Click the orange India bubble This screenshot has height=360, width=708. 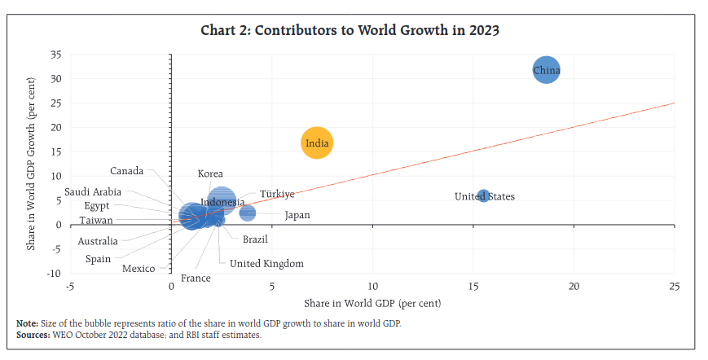coord(316,144)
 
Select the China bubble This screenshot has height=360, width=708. coord(547,71)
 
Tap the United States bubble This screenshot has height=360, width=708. coord(483,196)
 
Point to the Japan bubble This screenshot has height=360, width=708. coord(248,213)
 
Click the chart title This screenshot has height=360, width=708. coord(350,31)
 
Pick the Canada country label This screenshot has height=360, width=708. coord(127,171)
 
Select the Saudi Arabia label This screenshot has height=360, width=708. coord(94,192)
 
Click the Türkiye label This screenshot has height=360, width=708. coord(277,195)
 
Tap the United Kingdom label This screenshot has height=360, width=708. coord(266,264)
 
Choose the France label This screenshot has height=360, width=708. coord(196,278)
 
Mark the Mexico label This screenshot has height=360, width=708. coord(139,269)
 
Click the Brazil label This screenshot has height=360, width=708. coord(255,239)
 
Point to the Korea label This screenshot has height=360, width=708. coord(210,174)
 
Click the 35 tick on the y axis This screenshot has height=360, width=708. coord(55,55)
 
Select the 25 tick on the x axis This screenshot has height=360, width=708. coord(674,287)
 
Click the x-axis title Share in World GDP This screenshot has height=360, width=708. coord(372,303)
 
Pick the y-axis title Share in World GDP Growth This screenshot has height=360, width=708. coord(32,163)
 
